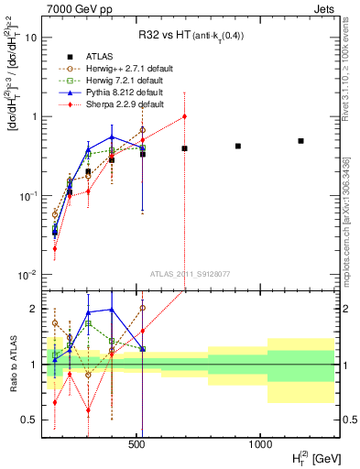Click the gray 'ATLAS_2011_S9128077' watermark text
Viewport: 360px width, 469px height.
[189, 273]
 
